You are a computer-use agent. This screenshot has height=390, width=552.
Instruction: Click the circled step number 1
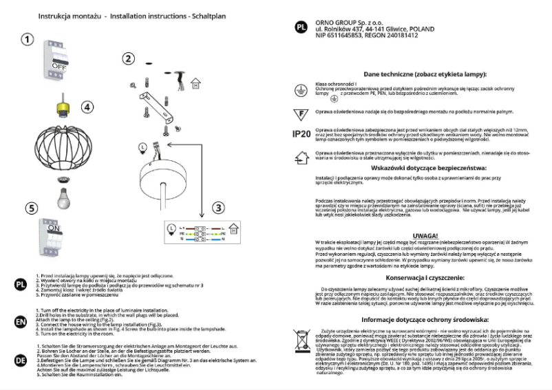[27, 39]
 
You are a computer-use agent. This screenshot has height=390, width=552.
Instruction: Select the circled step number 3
[217, 207]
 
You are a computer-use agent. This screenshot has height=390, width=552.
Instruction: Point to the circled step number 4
[87, 107]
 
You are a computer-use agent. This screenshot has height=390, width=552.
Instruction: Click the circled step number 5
[29, 208]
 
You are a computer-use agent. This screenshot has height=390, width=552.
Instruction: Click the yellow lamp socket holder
[64, 107]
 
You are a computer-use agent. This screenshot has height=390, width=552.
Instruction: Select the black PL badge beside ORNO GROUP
[300, 28]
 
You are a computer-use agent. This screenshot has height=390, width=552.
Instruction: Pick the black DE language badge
[21, 358]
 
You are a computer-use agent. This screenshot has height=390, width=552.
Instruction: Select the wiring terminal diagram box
[195, 232]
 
